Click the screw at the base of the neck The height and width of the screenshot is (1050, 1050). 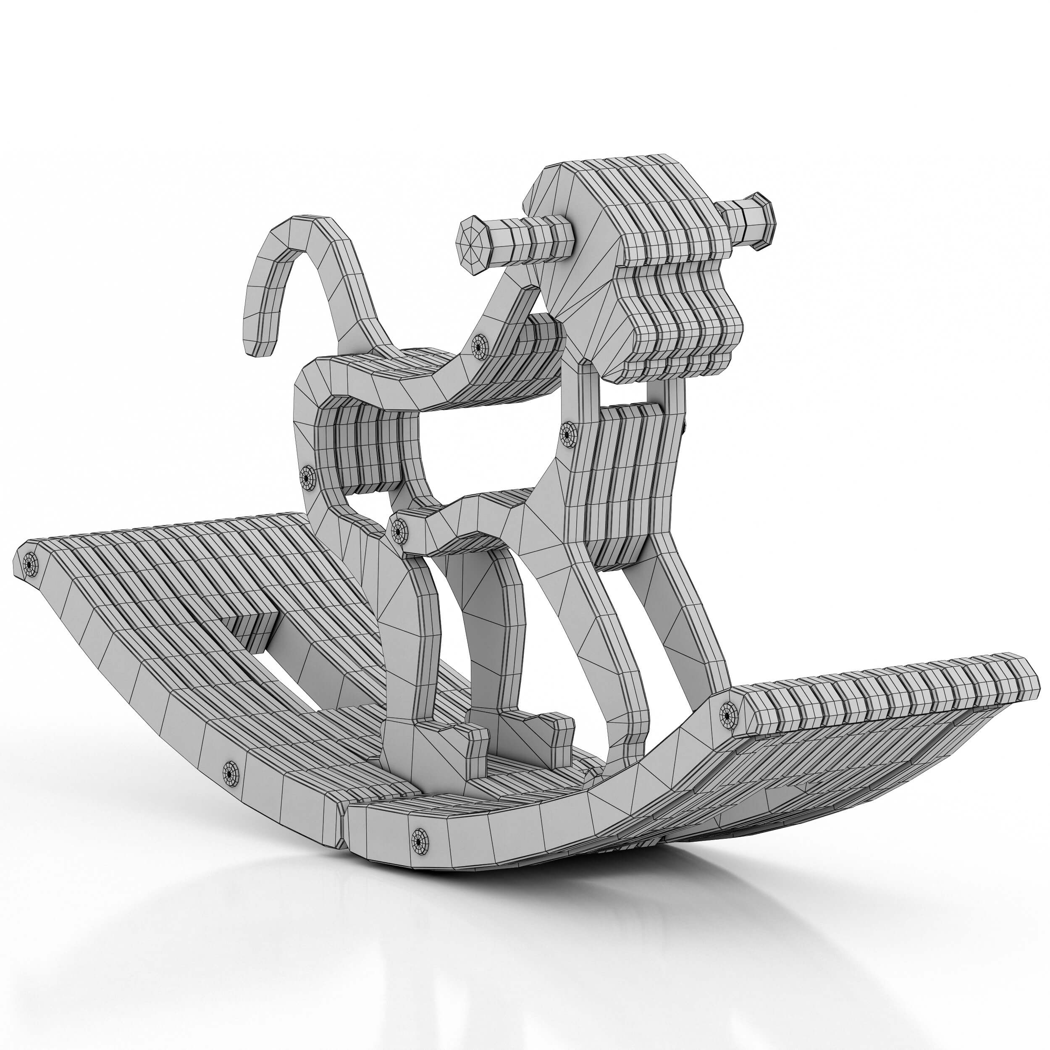[x=479, y=344]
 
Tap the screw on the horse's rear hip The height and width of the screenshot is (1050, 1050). [x=307, y=478]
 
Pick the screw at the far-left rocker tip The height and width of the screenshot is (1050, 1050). [x=29, y=566]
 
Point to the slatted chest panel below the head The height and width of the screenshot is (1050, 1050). [x=625, y=478]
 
